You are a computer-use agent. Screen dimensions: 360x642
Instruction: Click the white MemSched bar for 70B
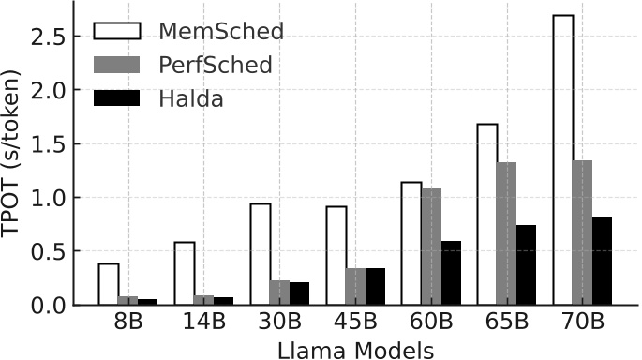(x=562, y=159)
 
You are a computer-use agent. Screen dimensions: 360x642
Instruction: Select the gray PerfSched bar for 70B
(x=582, y=232)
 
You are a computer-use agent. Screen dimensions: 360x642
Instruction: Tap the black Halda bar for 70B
(x=601, y=261)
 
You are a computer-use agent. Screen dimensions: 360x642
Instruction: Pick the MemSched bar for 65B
(x=487, y=214)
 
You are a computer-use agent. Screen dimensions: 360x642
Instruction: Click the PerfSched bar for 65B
(x=506, y=233)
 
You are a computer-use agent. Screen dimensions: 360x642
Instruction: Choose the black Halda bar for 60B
(x=450, y=273)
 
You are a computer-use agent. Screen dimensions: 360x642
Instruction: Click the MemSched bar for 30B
(x=261, y=254)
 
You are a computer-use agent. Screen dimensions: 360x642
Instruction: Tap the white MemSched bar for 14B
(x=185, y=273)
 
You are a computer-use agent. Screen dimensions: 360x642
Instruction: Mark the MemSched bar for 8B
(x=109, y=284)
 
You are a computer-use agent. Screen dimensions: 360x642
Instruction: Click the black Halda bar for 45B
(x=374, y=286)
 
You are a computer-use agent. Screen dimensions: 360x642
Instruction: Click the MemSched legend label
(x=221, y=31)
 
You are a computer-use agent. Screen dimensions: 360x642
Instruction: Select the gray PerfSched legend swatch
(x=116, y=65)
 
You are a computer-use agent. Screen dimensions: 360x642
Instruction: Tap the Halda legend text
(x=190, y=98)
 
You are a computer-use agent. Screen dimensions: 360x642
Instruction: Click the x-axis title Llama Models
(x=354, y=349)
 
